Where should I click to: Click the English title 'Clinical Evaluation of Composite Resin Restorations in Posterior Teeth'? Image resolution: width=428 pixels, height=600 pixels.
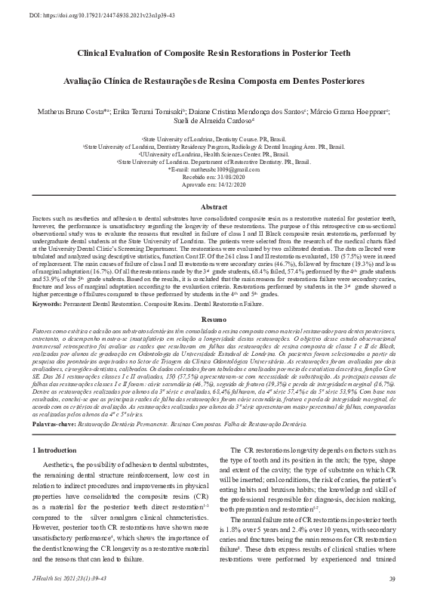click(x=214, y=54)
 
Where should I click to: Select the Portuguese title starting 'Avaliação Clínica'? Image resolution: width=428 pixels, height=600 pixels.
click(x=214, y=80)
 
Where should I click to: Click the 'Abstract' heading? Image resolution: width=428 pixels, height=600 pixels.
click(x=214, y=206)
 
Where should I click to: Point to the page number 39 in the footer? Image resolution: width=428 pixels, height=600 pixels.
click(x=392, y=579)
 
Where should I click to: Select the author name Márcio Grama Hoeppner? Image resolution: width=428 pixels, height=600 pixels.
click(x=356, y=111)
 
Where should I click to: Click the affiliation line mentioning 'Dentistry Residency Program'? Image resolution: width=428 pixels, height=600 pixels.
click(x=214, y=147)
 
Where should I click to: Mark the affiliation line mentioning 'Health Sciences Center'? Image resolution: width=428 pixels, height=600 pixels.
click(x=214, y=154)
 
